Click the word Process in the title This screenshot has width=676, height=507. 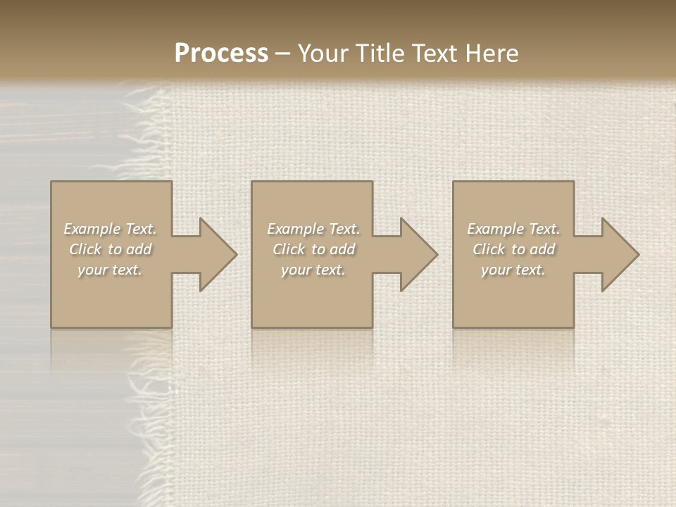click(x=221, y=54)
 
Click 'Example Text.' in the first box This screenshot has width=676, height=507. click(x=110, y=229)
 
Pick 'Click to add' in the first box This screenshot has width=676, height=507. click(x=110, y=249)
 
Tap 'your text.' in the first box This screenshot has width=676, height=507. click(x=110, y=270)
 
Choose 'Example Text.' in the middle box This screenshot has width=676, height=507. click(x=313, y=229)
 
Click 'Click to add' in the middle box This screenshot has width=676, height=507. click(x=313, y=249)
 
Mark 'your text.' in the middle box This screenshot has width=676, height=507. click(x=313, y=270)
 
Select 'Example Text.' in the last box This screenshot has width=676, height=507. click(x=513, y=229)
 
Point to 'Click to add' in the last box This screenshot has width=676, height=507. click(x=513, y=249)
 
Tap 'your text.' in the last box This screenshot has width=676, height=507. click(x=513, y=270)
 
